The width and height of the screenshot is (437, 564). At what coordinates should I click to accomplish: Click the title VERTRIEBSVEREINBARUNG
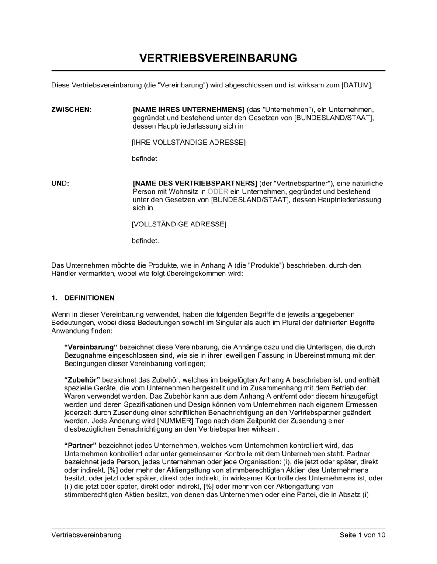pos(218,58)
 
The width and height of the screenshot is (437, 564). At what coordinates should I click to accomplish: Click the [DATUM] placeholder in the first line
pos(357,85)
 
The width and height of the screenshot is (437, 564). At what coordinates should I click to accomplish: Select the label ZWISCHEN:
pos(72,110)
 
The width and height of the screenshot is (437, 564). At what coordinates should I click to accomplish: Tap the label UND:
pos(60,184)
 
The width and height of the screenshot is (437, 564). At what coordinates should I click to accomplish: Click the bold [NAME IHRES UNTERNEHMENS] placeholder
pos(188,110)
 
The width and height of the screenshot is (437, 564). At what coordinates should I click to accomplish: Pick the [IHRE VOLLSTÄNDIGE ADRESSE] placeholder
pos(189,143)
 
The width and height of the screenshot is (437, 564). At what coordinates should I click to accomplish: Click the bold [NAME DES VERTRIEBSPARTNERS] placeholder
pos(195,184)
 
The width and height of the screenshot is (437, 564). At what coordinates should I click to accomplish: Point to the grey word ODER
pos(218,192)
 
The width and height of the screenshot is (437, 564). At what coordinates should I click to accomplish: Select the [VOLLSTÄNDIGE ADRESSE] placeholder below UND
pos(179,224)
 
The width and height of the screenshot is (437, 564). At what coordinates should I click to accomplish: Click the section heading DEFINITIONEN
pos(89,298)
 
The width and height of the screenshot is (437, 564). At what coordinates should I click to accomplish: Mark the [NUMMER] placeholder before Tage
pos(174,421)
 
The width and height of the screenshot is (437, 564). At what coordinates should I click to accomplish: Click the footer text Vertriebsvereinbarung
pos(87,535)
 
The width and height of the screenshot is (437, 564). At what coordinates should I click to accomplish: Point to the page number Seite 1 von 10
pos(362,535)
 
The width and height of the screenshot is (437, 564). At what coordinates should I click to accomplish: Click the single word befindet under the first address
pos(145,159)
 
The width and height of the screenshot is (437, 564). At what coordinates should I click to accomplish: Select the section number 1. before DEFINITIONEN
pos(54,298)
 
